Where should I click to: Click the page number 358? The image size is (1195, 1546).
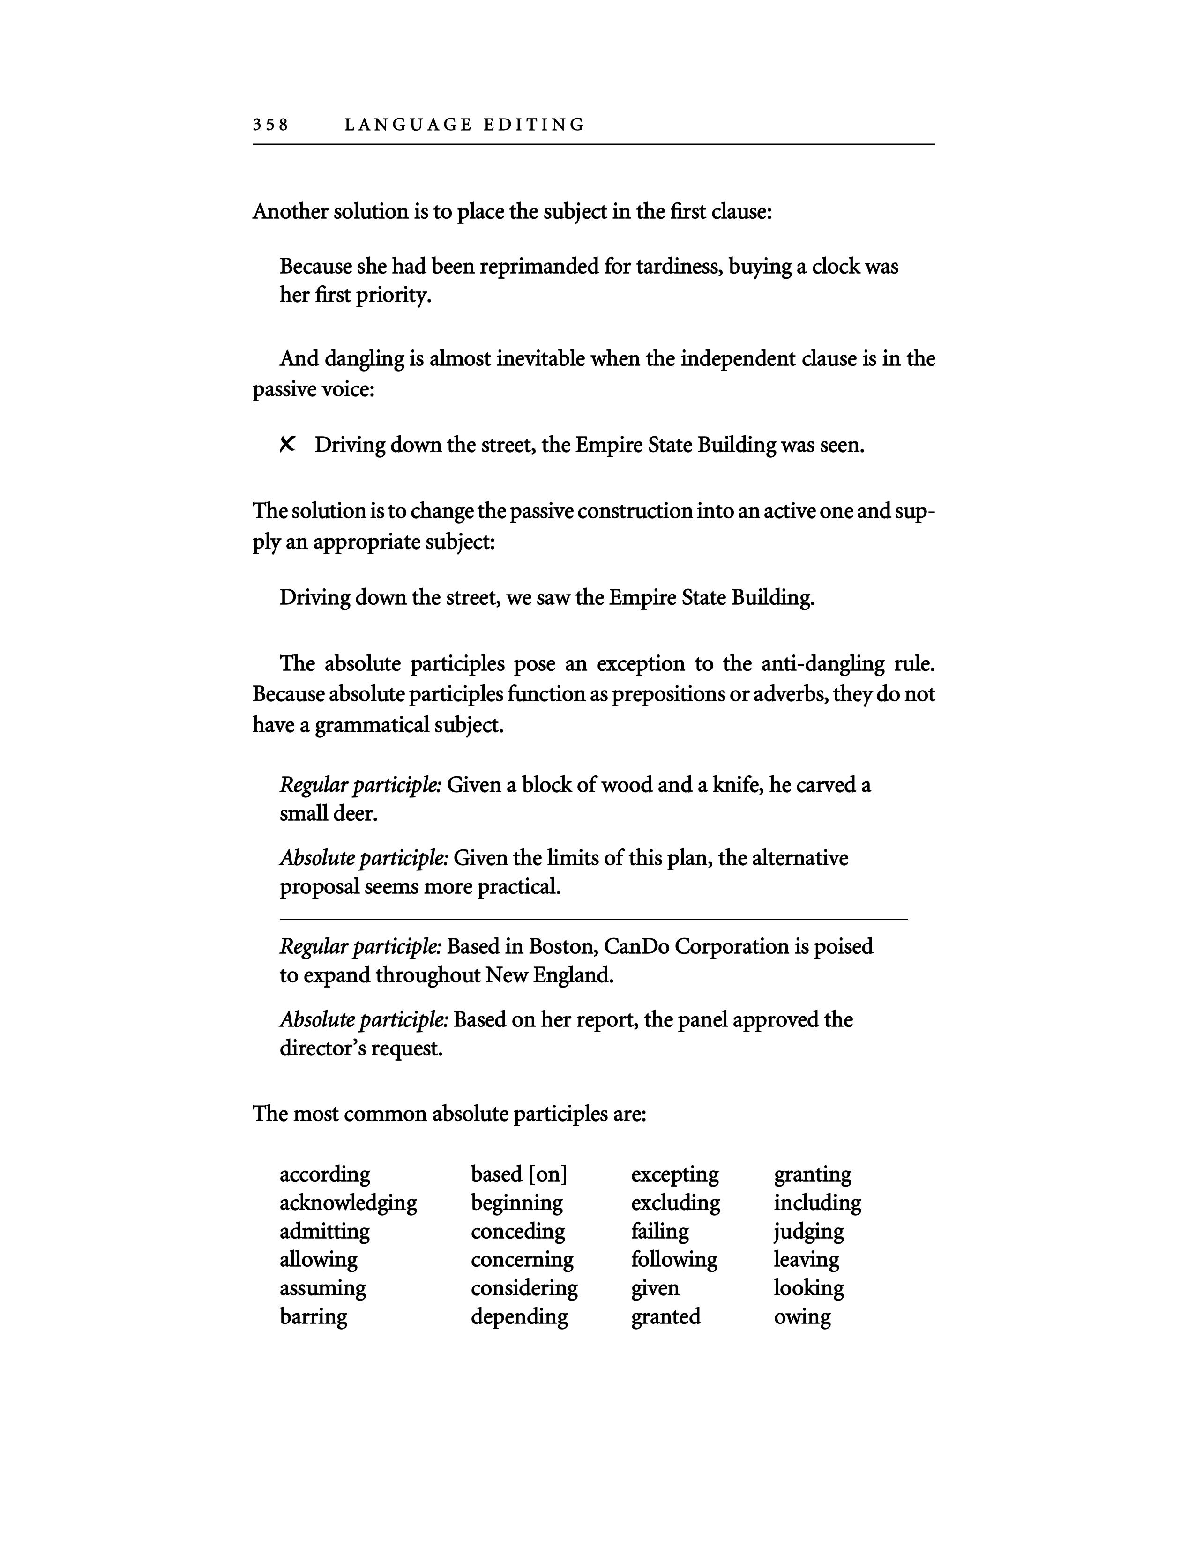(270, 125)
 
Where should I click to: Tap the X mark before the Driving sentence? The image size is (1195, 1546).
(287, 445)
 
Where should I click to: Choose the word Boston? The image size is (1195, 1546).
(560, 946)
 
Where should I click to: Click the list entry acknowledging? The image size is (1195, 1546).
(348, 1203)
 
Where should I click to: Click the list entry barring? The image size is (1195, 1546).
(313, 1316)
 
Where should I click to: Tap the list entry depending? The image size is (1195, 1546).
(519, 1316)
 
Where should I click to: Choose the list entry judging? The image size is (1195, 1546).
(808, 1232)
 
